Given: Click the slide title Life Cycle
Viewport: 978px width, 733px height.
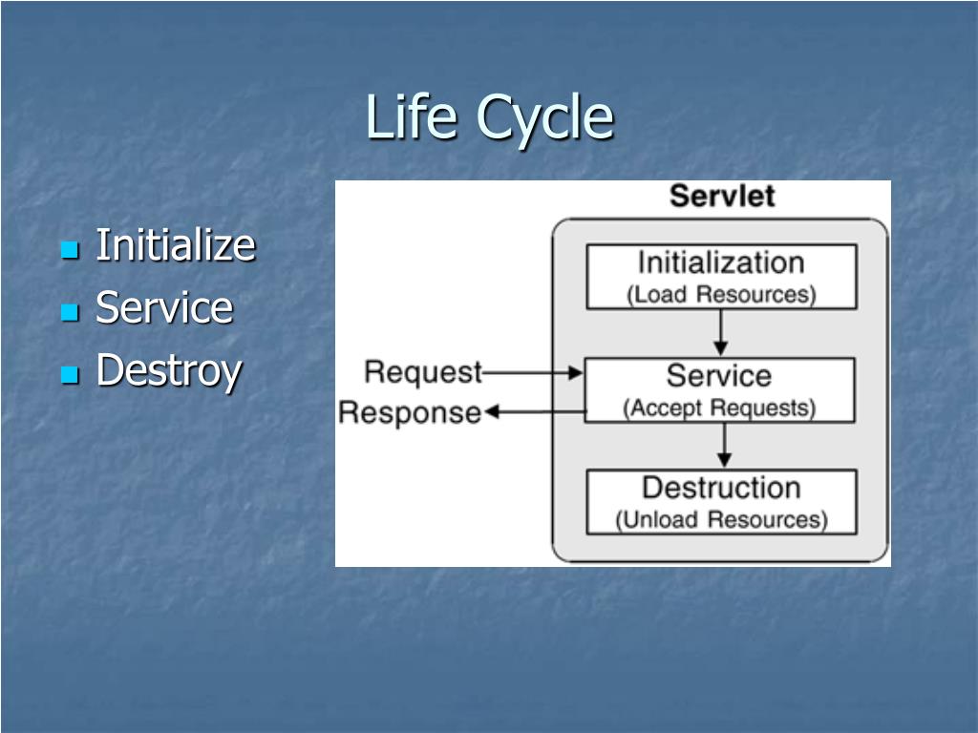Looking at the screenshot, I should [x=489, y=118].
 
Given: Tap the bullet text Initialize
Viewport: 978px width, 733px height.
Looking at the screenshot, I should [x=176, y=245].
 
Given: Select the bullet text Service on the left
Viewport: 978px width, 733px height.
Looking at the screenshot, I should [x=164, y=308].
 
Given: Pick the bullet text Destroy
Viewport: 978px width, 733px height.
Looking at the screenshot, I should [x=169, y=371].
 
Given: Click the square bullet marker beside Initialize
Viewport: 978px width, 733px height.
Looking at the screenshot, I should [x=69, y=251].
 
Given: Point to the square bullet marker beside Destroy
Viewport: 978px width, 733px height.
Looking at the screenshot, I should [x=69, y=376].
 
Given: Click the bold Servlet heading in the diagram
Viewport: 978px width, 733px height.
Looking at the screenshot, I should [x=721, y=197].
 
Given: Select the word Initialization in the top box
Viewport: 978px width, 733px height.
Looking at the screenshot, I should [x=721, y=262].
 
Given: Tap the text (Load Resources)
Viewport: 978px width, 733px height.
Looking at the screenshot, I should [x=721, y=294].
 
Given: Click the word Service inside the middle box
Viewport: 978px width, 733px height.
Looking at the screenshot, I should [x=719, y=375].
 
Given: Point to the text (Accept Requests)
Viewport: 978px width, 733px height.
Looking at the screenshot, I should [x=719, y=408].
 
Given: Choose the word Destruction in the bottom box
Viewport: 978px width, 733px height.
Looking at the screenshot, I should [x=721, y=488].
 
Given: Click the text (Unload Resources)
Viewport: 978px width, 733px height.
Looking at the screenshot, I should [x=721, y=520].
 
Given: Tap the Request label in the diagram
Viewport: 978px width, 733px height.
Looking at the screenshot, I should [x=423, y=371].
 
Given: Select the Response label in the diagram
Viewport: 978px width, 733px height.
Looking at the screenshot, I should [x=410, y=412].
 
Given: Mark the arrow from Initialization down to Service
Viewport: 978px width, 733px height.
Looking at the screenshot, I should [x=721, y=332].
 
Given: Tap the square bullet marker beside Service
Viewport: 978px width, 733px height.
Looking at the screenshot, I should [x=69, y=313].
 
